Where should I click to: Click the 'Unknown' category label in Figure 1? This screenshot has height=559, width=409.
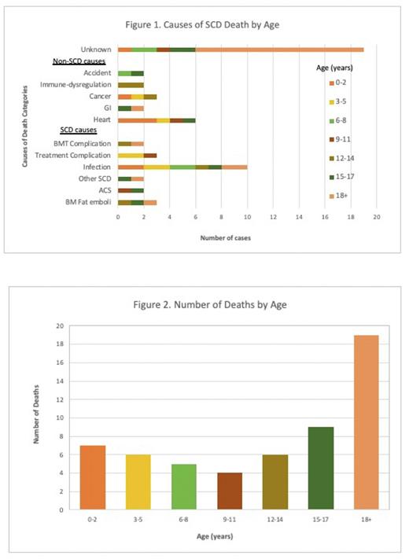click(x=96, y=49)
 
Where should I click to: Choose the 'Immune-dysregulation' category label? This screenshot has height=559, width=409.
click(x=78, y=84)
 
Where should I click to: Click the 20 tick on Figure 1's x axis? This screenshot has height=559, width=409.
click(x=377, y=216)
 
